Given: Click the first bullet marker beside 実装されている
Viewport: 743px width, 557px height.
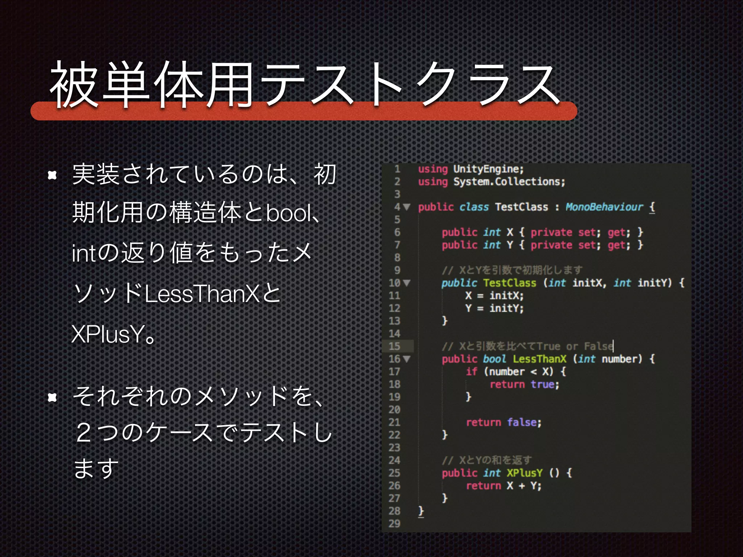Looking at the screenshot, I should pos(53,176).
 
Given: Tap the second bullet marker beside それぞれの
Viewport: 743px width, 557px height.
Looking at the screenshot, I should pos(53,398).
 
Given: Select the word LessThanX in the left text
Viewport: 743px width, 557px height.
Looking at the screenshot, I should pos(202,294).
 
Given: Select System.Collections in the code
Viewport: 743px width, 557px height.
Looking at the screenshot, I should pos(509,182).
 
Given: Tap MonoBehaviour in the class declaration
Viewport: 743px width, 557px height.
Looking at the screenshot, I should pos(604,207).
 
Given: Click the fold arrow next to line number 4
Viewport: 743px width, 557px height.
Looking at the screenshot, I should pos(407,207).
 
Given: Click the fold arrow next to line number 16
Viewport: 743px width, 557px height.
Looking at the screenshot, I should pos(407,359).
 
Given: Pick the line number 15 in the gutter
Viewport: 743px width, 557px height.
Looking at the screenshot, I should pos(394,346).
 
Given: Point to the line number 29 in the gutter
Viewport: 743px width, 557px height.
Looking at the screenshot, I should pos(394,524).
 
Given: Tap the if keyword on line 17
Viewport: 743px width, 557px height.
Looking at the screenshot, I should pos(472,372).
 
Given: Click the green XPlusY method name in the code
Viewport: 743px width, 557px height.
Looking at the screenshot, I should pos(525,473).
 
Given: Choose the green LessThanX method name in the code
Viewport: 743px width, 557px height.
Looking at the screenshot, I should pos(539,359).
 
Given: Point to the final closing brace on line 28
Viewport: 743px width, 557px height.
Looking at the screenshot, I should pos(421,511).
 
